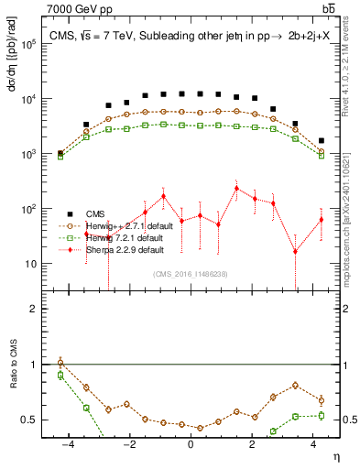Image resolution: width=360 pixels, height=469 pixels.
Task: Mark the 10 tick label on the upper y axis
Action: tap(33, 264)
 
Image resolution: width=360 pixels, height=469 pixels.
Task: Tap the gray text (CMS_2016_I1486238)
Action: tap(190, 274)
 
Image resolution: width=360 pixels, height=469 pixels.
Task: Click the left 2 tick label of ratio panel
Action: tap(35, 309)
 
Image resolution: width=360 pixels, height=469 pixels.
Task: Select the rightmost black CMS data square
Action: tap(321, 141)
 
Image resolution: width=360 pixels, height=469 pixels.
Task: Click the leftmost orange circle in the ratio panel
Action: tap(60, 363)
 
